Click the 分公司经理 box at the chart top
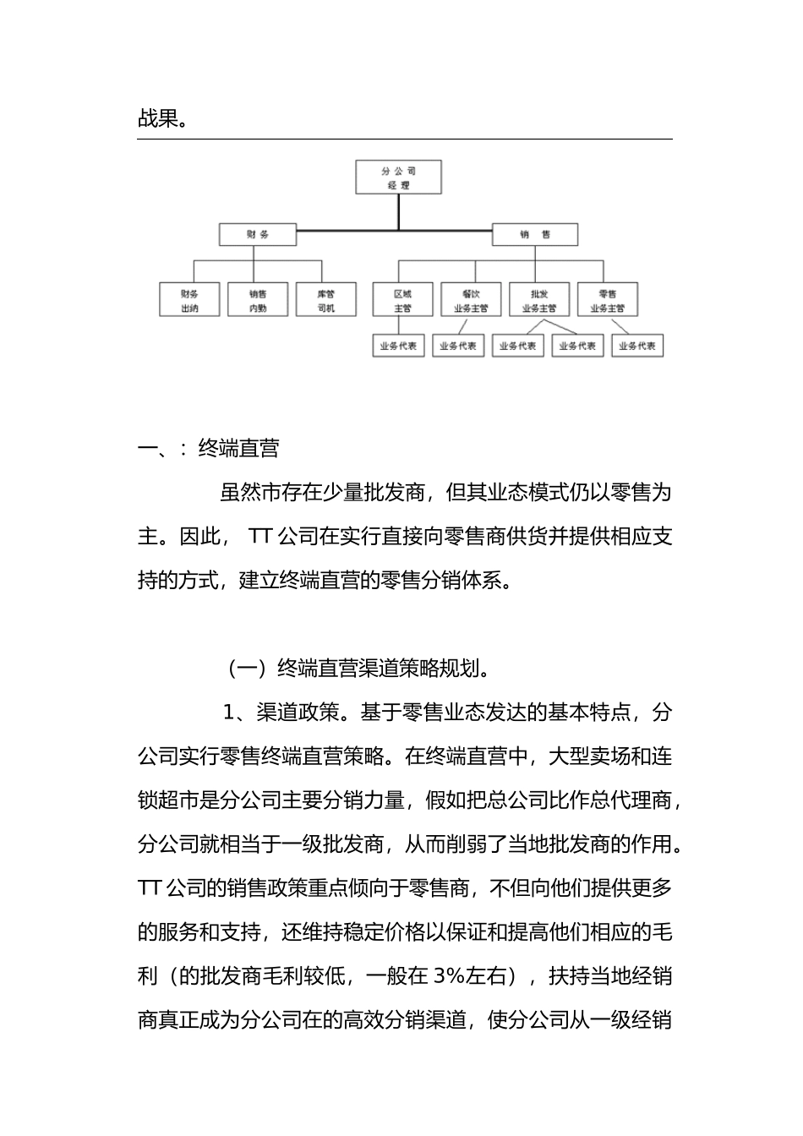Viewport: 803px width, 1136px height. (398, 177)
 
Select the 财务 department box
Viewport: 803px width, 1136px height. (258, 234)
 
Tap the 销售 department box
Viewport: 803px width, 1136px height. (535, 234)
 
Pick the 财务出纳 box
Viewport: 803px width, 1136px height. (189, 300)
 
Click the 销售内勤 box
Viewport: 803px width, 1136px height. (258, 300)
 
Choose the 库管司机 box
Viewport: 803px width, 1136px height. (326, 300)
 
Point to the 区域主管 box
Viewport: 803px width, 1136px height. (402, 300)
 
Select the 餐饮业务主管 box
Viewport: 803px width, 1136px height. (471, 300)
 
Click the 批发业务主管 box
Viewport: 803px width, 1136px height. (539, 300)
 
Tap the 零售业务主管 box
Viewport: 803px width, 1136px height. (607, 300)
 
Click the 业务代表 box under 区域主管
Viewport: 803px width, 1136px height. (398, 346)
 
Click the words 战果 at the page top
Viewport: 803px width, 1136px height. (157, 119)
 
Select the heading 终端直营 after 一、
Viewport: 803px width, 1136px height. (238, 449)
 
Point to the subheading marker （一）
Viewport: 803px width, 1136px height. (245, 669)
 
